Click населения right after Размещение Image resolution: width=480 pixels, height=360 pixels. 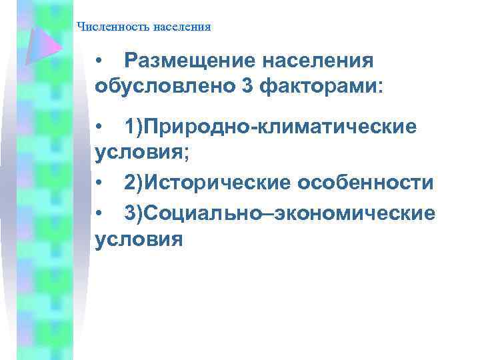pos(319,61)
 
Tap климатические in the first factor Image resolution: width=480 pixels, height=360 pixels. pos(347,127)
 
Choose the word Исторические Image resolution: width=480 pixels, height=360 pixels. pos(220,183)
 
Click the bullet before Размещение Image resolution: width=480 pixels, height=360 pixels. pos(99,62)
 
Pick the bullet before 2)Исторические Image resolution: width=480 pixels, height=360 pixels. pos(99,183)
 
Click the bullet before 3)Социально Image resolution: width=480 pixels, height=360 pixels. pos(99,213)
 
